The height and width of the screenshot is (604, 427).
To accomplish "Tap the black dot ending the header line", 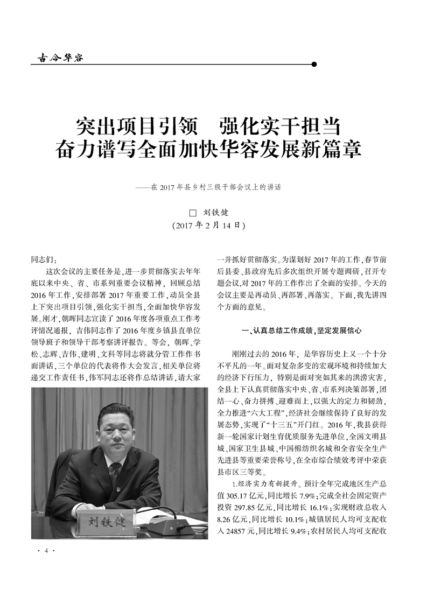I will (314, 64).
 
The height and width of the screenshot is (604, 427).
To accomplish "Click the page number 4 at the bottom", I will (47, 551).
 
